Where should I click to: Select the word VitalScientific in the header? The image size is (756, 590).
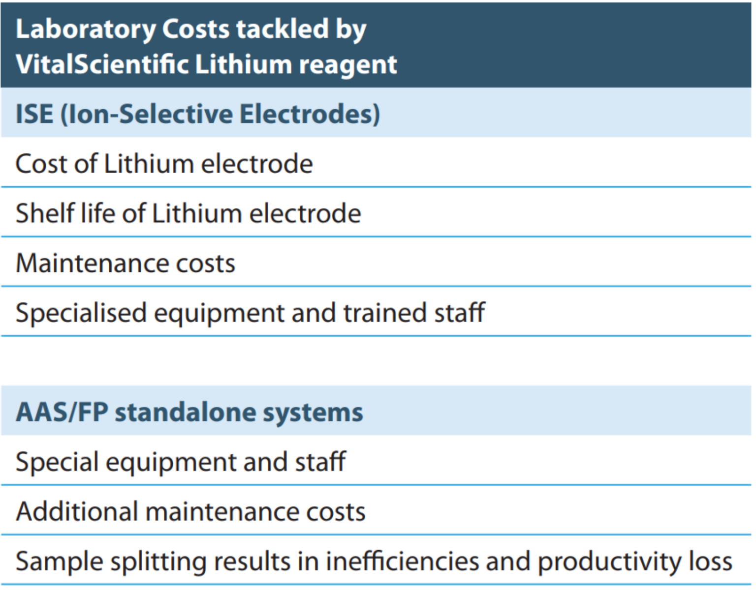pos(102,65)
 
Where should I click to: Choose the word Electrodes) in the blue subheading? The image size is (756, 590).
pos(310,114)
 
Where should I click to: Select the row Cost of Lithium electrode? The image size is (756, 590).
pos(164,164)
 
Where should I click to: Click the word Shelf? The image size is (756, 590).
pos(44,213)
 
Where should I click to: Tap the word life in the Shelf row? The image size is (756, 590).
pos(98,213)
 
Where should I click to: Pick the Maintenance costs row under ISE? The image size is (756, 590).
pos(126,263)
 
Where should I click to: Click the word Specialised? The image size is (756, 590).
pos(81,313)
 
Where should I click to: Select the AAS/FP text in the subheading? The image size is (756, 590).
pos(62,412)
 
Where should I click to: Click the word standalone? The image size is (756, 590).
pos(185,412)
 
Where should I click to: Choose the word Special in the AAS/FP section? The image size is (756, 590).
pos(57,463)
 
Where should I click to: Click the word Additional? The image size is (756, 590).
pos(77,511)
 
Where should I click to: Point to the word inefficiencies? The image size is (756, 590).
pos(402,561)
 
